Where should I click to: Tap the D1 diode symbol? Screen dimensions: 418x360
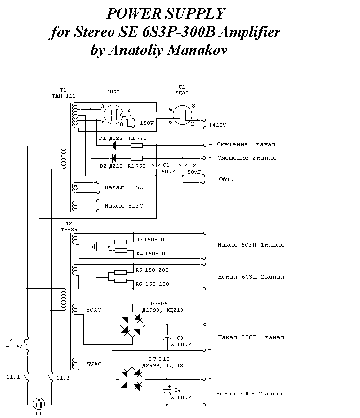coord(113,145)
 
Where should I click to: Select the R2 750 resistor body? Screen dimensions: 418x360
coord(137,158)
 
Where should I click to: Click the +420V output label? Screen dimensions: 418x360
coord(217,125)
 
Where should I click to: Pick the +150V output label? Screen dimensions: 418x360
coord(145,123)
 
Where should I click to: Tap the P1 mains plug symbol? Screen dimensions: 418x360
coord(39,404)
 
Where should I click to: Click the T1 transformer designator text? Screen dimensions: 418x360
coord(63,90)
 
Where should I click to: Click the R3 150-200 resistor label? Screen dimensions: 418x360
coord(152,240)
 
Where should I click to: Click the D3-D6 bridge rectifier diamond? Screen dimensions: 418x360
coord(131,325)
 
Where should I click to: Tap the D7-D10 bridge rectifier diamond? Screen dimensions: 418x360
coord(131,379)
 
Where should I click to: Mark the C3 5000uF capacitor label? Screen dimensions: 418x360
coord(180,341)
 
